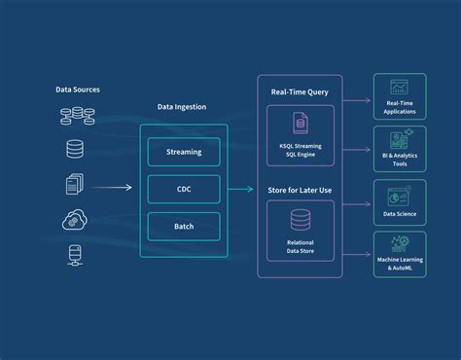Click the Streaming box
coord(184,152)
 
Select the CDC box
coord(184,190)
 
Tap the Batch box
coord(184,227)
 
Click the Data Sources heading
coord(78,90)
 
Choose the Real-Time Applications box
coord(400,98)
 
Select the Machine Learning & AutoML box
coord(400,254)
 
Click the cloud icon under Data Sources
coord(74,218)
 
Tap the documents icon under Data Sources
coord(74,184)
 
